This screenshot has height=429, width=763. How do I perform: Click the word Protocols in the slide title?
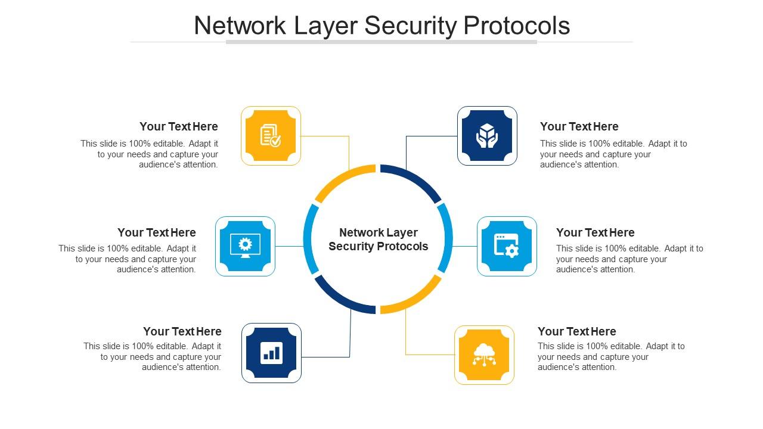click(517, 26)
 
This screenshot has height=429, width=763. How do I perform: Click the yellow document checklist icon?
click(271, 136)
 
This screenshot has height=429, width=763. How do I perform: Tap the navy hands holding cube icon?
click(487, 136)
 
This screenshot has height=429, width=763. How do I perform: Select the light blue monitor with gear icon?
click(245, 246)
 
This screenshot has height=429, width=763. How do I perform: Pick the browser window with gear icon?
click(507, 246)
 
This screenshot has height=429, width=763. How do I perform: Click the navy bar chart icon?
click(271, 353)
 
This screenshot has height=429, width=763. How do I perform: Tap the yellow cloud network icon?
click(484, 355)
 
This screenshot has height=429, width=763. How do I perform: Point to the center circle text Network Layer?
click(378, 232)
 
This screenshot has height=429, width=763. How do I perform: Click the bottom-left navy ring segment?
click(341, 298)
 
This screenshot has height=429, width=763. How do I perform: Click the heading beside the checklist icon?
click(179, 126)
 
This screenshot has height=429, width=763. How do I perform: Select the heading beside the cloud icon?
click(576, 331)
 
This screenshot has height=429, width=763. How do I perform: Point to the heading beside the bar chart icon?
click(182, 331)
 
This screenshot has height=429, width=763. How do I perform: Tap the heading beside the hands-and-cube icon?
click(579, 126)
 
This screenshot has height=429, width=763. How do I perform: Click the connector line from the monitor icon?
click(290, 246)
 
